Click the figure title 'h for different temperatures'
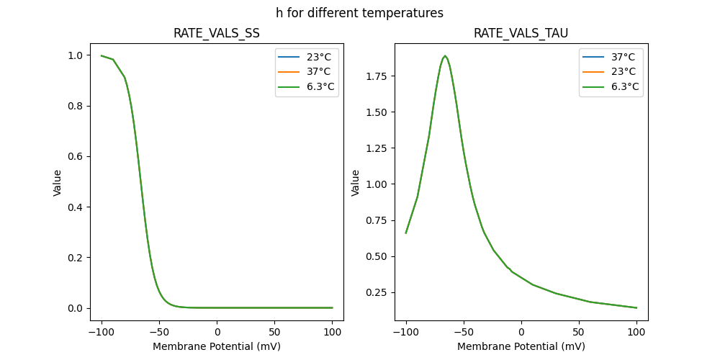359,13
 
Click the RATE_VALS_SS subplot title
217,34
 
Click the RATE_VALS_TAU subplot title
521,34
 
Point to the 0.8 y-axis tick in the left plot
74,107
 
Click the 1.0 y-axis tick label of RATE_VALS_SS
74,55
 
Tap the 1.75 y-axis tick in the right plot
375,76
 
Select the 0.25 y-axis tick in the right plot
375,292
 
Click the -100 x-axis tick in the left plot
102,333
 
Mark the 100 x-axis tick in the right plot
636,333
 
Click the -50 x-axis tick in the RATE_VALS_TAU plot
464,333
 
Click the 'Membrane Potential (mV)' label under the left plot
217,346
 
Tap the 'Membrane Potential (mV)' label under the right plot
521,346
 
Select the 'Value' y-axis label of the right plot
356,183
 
